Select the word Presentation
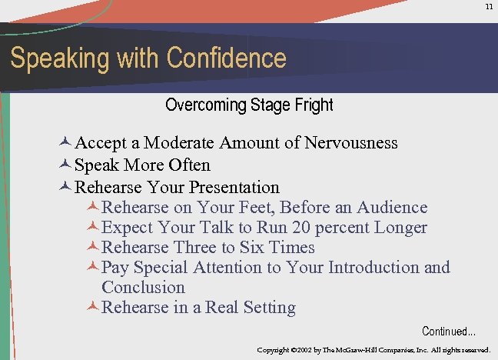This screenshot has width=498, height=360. pyautogui.click(x=234, y=188)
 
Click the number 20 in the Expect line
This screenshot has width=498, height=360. pyautogui.click(x=301, y=228)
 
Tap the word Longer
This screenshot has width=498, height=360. pyautogui.click(x=400, y=228)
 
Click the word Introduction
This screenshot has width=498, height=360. pyautogui.click(x=373, y=268)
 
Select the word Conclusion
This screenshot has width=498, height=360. pyautogui.click(x=143, y=288)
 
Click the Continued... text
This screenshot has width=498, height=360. pyautogui.click(x=449, y=332)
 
